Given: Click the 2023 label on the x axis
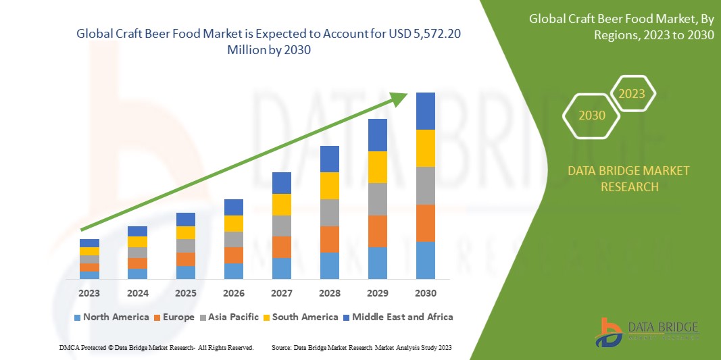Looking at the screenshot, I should tap(89, 293).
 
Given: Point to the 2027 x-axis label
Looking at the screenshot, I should tap(281, 293).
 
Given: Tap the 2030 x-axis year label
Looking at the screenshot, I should tap(425, 293).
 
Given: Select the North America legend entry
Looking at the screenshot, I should tap(111, 317).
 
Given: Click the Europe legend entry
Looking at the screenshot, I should tap(174, 317).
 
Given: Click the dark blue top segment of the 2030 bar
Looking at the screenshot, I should tap(425, 111).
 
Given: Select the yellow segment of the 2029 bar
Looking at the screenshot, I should tap(377, 167).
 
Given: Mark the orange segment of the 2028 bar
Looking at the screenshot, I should tap(329, 239).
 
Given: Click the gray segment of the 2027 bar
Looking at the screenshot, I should tap(281, 226).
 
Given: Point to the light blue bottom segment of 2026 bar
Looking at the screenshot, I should tap(233, 271).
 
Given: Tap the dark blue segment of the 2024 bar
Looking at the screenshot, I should tap(137, 231).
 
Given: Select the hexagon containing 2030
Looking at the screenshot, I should tap(592, 115).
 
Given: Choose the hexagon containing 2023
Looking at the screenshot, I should tap(632, 94).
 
